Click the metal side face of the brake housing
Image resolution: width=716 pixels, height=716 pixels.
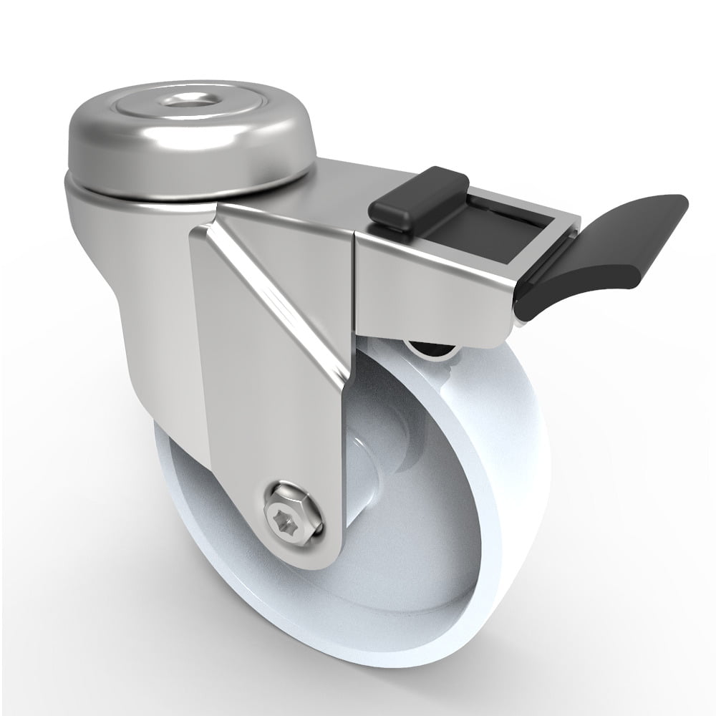430,286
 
